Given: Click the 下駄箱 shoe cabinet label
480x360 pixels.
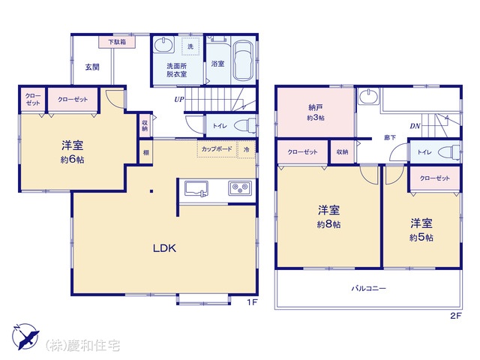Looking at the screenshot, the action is point(117,42).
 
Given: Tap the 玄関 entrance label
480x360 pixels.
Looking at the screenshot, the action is point(92,67).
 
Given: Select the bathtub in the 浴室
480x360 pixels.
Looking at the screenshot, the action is point(243,59).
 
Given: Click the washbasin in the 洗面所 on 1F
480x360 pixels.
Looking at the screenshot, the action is point(163,45).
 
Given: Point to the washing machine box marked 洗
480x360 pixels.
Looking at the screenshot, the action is point(190,46).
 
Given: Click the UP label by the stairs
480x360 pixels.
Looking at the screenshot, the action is point(179,99).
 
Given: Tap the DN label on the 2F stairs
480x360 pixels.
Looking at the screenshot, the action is point(415,126).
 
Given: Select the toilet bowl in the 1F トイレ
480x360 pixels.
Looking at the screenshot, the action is point(245,125).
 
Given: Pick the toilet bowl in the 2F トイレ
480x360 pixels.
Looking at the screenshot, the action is point(449,152).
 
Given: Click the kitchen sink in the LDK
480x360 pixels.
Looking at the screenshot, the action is point(196,188).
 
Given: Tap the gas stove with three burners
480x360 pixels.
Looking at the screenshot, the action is point(240,187).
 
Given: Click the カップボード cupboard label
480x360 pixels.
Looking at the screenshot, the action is point(217,149).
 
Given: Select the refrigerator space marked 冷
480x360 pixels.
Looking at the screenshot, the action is point(247,149).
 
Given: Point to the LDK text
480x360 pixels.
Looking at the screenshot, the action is point(165,248).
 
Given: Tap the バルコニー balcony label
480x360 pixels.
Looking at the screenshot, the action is point(368,288).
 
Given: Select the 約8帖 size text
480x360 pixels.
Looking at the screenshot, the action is point(328,224).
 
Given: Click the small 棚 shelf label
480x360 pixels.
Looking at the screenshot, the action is point(146,152).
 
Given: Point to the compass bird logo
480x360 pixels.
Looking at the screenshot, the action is point(25,337).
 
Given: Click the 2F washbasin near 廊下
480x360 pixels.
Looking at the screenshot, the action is point(368,96).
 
